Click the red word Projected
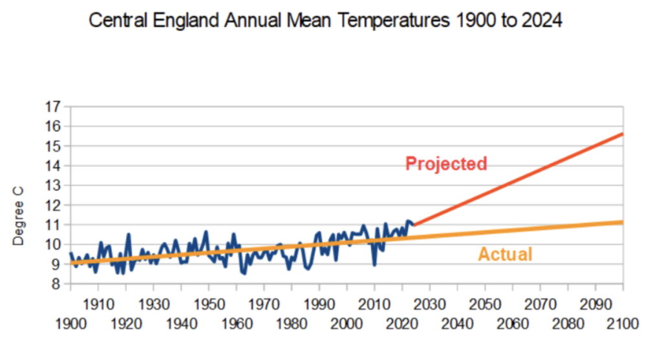click(446, 164)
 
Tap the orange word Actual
click(505, 254)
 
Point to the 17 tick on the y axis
click(53, 107)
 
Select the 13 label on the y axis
click(53, 185)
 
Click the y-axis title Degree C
click(18, 216)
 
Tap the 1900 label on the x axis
click(71, 324)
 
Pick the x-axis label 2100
click(623, 324)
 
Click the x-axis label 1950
click(209, 304)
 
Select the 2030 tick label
click(430, 304)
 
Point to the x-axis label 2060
click(513, 324)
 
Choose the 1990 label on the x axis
click(319, 304)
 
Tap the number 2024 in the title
click(542, 20)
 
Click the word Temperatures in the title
click(393, 20)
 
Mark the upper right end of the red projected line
click(623, 134)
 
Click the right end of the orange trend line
click(623, 222)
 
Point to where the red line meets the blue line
click(414, 224)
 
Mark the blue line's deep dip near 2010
click(374, 264)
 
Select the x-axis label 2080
click(568, 324)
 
